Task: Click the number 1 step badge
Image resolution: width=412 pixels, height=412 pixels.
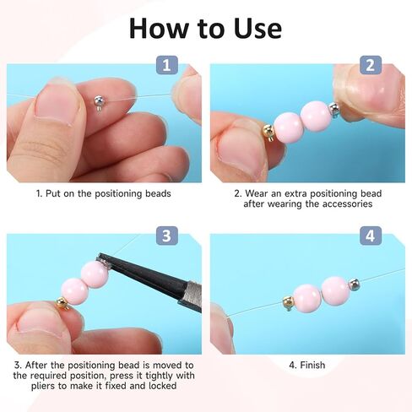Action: pos(167,65)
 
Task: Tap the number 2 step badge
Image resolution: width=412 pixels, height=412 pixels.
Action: pos(371,65)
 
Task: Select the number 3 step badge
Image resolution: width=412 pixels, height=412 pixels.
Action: pos(167,236)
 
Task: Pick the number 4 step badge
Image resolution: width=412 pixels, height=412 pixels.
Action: pos(371,236)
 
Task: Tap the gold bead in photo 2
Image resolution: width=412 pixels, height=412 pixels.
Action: pos(268,132)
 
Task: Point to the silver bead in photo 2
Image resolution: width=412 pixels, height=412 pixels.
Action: pos(334,110)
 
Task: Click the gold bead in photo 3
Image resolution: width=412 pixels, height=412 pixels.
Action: pos(62,304)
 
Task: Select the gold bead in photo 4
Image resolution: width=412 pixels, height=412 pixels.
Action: pos(288,303)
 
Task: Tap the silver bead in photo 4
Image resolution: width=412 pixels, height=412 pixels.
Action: pos(354,284)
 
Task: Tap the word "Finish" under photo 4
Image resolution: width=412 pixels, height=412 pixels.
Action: pos(312,365)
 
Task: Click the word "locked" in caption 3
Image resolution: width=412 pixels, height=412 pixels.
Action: pos(162,386)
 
